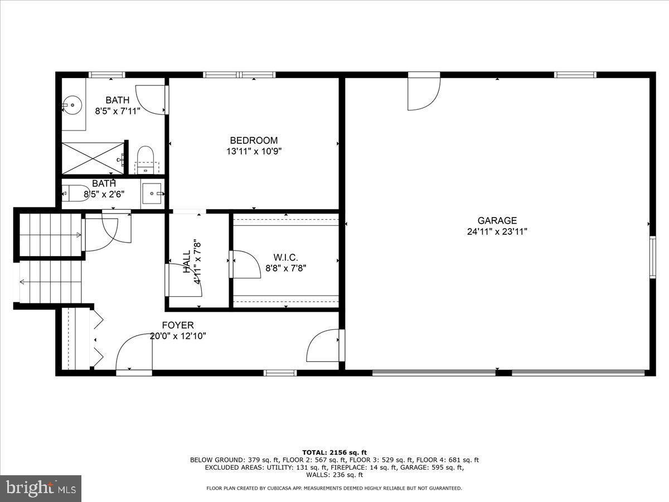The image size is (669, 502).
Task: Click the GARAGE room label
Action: (497, 220)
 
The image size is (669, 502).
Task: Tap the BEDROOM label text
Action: (254, 141)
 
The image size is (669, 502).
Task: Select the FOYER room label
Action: (178, 325)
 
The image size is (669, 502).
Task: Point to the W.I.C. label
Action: (285, 257)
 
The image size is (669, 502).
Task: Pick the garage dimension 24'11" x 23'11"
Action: (497, 231)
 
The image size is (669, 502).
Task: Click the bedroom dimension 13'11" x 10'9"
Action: (254, 151)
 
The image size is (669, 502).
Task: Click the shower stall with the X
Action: (92, 158)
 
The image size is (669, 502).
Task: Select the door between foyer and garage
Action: (324, 346)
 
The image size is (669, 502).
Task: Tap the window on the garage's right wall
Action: (652, 256)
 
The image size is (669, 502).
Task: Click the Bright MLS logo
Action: (40, 489)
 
